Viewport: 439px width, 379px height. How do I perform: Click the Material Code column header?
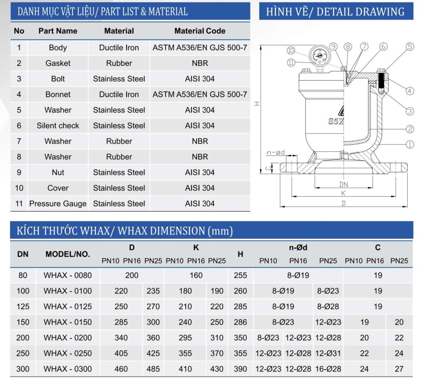200,31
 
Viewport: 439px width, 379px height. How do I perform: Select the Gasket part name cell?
58,63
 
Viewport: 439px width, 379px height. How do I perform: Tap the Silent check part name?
58,126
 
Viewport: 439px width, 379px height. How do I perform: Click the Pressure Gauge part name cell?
58,204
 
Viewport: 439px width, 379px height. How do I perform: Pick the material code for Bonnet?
200,94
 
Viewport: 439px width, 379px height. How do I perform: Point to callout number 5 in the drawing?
410,47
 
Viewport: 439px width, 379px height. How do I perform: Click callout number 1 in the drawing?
410,145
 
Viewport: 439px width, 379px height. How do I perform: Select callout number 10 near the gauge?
291,50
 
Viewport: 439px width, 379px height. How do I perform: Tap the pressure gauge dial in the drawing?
319,56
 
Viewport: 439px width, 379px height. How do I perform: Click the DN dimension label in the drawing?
344,185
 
